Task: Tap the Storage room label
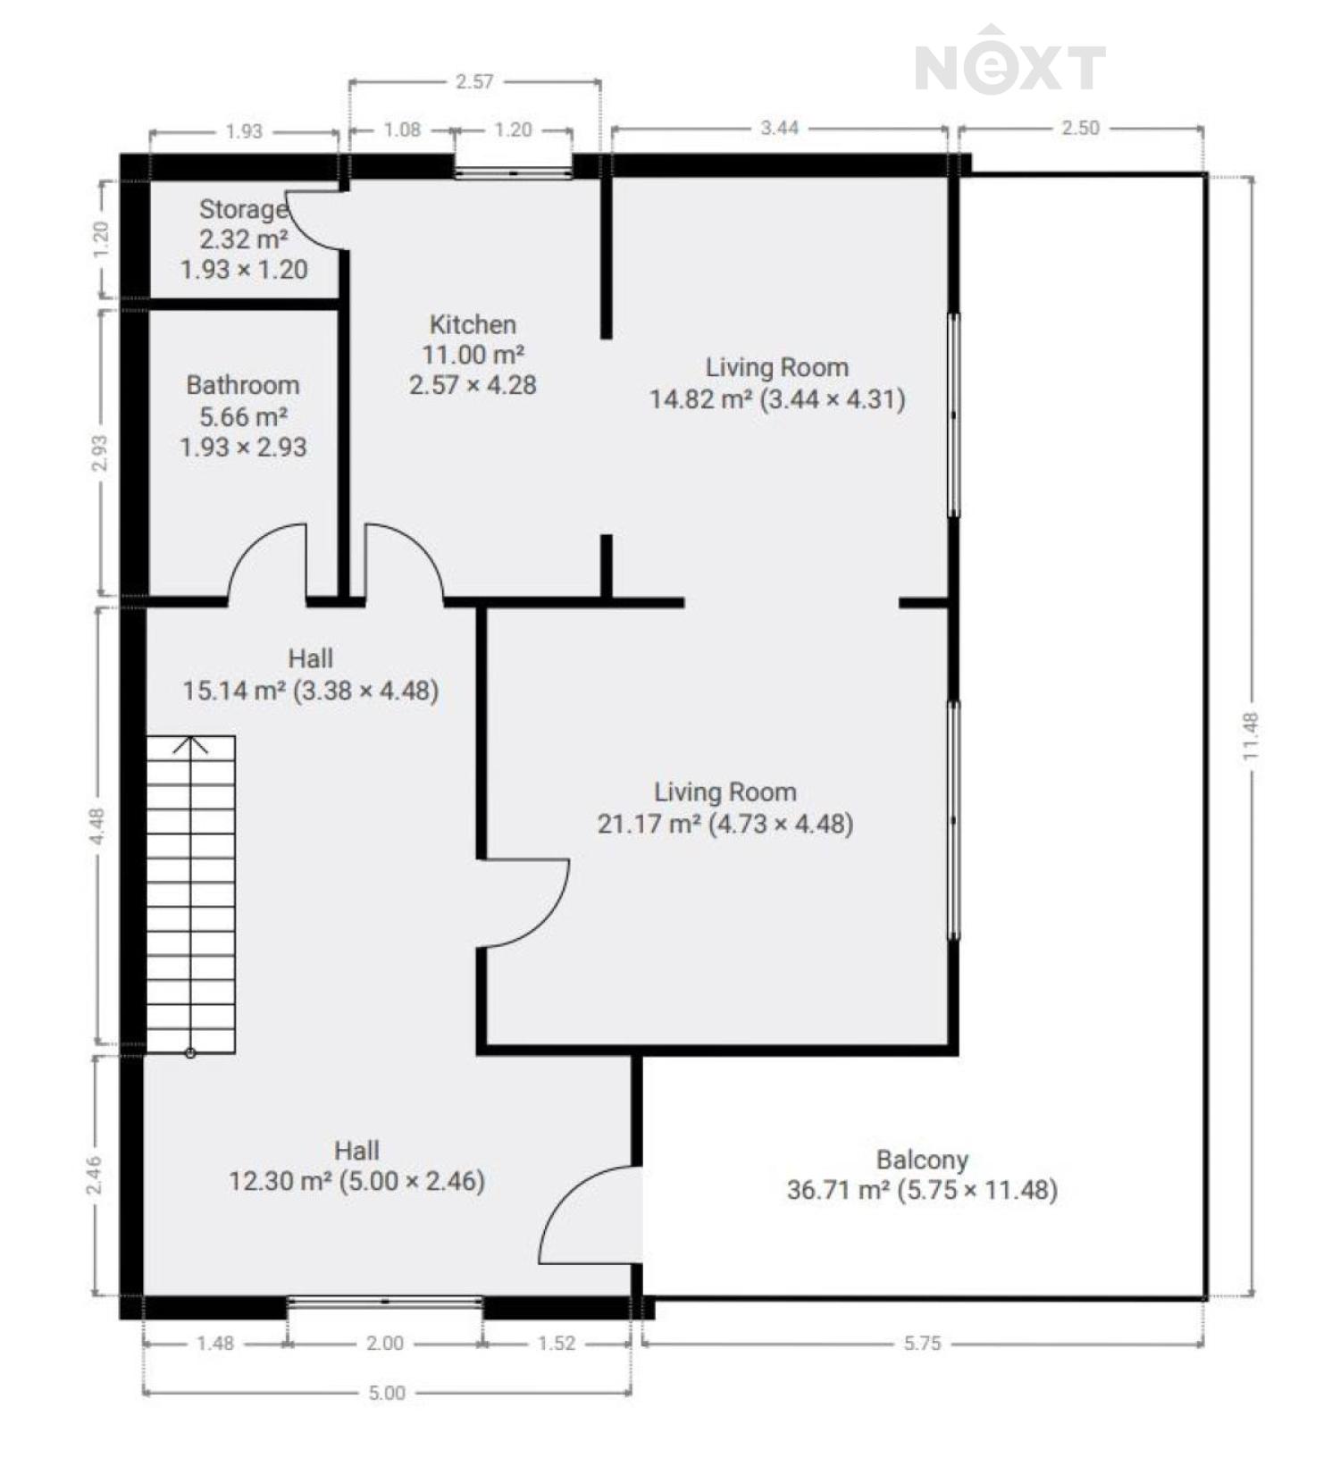click(x=243, y=209)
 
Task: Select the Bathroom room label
click(x=243, y=385)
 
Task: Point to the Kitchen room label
click(x=473, y=324)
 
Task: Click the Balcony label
click(x=922, y=1160)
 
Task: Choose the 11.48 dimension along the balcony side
click(x=1250, y=736)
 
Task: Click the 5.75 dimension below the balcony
click(x=922, y=1344)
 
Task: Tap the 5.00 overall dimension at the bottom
click(x=387, y=1393)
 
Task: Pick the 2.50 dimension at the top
click(x=1080, y=128)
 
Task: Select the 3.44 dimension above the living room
click(x=779, y=128)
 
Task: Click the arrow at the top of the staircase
click(x=190, y=745)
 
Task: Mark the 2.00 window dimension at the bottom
click(x=385, y=1344)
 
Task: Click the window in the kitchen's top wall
click(x=513, y=172)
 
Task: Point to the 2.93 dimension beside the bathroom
click(x=100, y=453)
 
